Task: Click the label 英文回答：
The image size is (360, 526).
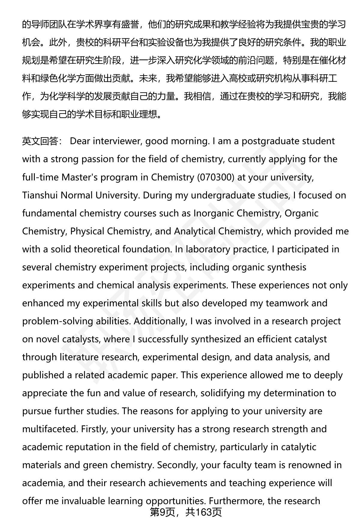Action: (42, 141)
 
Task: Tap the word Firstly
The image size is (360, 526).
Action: (94, 429)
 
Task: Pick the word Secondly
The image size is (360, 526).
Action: (177, 465)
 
